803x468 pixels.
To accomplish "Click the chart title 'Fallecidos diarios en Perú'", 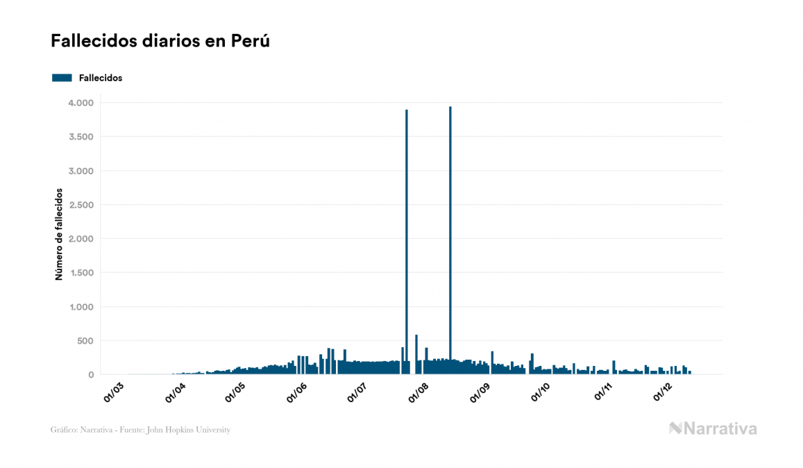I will [160, 41].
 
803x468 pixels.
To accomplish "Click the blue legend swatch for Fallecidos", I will [62, 78].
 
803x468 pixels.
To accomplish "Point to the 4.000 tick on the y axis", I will [81, 103].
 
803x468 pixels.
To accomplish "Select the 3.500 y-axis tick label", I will [81, 137].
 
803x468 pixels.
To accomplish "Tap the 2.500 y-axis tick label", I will [81, 205].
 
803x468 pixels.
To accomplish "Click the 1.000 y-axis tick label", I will [81, 307].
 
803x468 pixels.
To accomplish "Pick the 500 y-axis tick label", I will [85, 341].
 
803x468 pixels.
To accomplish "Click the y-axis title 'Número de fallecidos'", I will [59, 233].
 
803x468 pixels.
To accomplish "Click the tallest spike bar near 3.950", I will [450, 236].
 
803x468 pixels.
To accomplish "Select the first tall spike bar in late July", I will [407, 236].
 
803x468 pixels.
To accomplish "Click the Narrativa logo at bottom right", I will [713, 428].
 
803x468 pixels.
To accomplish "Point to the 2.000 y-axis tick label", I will [81, 239].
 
